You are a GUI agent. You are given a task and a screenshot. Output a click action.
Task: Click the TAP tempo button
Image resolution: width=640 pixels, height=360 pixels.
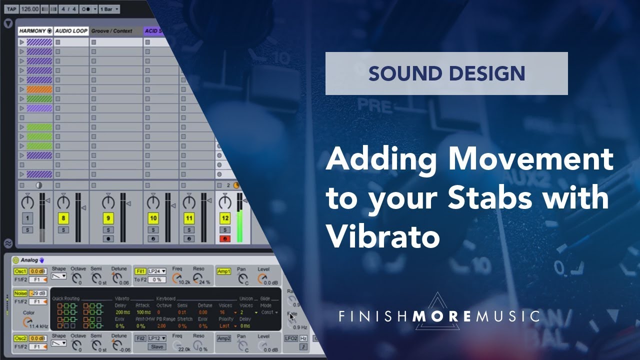point(11,9)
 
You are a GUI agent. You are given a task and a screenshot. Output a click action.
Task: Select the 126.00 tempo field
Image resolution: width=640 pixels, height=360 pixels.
point(29,9)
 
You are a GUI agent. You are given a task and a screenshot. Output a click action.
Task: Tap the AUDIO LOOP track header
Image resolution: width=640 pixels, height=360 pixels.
point(71,31)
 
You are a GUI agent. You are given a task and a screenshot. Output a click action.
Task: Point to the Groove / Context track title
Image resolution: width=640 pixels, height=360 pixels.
point(111,31)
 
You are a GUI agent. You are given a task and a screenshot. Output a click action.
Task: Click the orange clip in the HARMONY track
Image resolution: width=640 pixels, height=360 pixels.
point(39,89)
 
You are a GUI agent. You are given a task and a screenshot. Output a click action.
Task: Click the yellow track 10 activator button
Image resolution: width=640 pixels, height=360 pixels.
point(153,218)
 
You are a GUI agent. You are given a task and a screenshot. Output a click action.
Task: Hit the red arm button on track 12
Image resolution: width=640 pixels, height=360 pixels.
point(225,238)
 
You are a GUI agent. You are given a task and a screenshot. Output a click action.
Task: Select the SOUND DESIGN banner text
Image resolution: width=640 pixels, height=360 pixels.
point(446,73)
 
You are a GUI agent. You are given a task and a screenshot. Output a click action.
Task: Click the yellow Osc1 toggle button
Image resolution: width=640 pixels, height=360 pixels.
point(20,271)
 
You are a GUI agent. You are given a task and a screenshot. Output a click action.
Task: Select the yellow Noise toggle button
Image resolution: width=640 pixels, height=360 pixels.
point(20,293)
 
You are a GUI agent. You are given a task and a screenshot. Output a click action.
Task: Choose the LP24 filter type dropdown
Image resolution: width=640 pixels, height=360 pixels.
point(157,271)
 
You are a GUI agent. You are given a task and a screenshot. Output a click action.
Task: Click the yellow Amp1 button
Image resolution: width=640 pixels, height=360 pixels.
point(223,271)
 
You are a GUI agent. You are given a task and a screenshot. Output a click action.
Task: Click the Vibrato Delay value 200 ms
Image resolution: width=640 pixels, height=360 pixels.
point(123,312)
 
